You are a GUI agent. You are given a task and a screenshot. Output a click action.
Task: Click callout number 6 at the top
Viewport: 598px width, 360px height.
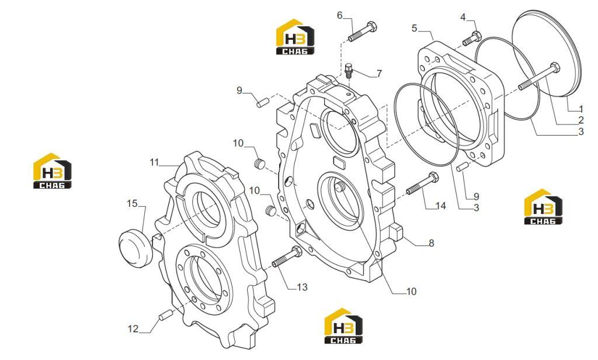tap(339, 15)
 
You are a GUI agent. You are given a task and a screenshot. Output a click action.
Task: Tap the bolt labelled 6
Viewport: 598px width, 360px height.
tap(363, 32)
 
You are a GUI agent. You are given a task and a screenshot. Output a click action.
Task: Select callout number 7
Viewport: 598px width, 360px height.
tap(378, 73)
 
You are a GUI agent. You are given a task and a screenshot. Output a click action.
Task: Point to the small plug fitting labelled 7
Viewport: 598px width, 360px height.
tap(348, 71)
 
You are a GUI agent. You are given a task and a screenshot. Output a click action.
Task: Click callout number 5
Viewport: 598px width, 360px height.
tap(415, 28)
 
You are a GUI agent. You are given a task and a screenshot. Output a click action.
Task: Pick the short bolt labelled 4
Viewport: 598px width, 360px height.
tap(472, 39)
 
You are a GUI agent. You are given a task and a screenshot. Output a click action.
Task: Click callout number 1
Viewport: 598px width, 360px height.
tap(581, 109)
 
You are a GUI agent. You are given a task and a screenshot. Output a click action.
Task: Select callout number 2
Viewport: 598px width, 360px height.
tap(581, 120)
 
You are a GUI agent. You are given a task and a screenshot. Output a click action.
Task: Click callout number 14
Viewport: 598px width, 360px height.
tap(440, 206)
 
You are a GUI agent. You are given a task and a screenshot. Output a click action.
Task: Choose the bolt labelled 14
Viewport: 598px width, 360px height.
tap(423, 184)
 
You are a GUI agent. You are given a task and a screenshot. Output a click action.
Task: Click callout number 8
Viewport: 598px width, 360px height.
tap(432, 243)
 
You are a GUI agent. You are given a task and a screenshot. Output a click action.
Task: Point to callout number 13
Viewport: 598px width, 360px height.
tap(302, 287)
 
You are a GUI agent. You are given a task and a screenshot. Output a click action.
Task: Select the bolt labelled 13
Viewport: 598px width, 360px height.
tap(287, 257)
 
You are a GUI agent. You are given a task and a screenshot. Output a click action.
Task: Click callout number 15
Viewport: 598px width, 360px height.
tap(132, 203)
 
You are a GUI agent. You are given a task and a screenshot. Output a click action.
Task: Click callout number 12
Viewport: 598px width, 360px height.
tap(133, 328)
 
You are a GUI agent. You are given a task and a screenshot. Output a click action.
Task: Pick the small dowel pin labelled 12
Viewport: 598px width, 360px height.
tap(165, 316)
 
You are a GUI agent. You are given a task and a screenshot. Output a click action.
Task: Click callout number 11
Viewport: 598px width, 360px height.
tap(154, 162)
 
